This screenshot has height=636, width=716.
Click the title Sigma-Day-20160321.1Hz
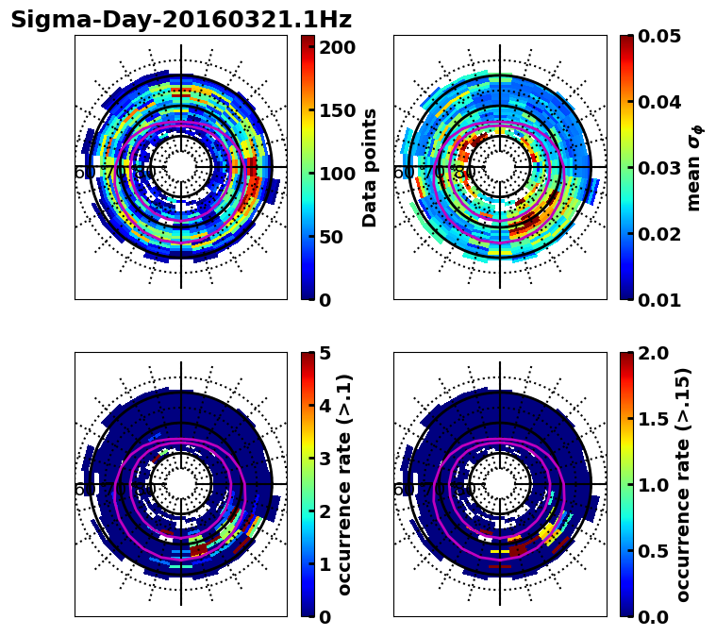(181, 20)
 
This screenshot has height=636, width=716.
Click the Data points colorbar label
(371, 168)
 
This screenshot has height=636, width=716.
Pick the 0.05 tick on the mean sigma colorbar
(661, 36)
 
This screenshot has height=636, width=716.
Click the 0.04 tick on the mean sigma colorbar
(661, 102)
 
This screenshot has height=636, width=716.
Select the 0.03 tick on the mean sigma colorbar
(661, 168)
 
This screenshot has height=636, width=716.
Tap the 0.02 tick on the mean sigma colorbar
(661, 234)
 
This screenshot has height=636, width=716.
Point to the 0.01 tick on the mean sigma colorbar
(661, 300)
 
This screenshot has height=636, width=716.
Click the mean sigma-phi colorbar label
(694, 168)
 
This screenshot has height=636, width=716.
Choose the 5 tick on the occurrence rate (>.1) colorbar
(325, 353)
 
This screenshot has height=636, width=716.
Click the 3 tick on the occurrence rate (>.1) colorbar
(325, 459)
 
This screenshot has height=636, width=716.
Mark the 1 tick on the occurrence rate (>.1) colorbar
(325, 564)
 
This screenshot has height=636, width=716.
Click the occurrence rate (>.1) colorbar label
(345, 485)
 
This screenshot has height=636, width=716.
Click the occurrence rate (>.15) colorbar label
(684, 485)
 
